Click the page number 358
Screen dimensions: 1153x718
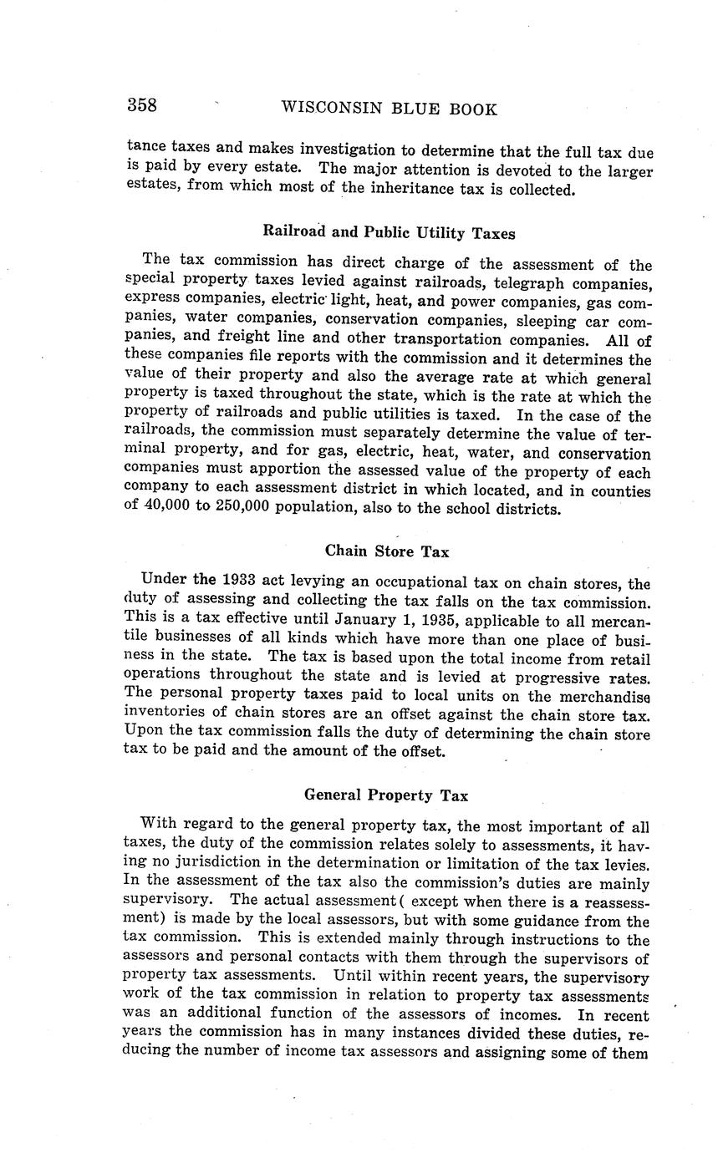[142, 105]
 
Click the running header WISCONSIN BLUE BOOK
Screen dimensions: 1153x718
[389, 109]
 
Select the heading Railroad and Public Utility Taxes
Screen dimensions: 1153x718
[389, 232]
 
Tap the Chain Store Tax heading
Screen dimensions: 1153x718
[387, 551]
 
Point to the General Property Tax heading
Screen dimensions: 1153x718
[386, 795]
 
